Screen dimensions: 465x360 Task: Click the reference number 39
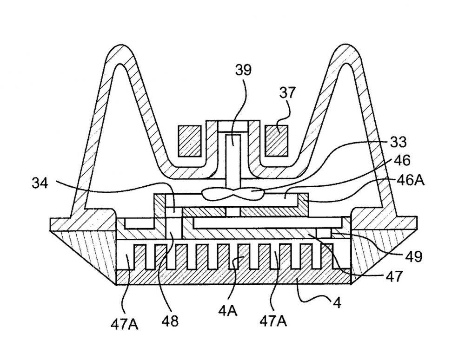(x=243, y=70)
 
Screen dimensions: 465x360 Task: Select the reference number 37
(x=287, y=92)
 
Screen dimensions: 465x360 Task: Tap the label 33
(x=398, y=142)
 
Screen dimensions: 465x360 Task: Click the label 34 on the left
(x=40, y=183)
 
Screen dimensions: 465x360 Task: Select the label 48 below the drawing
(x=170, y=321)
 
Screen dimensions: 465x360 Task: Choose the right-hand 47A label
(x=273, y=321)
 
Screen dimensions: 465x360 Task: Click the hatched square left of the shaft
(x=190, y=141)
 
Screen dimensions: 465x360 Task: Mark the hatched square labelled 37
(x=276, y=141)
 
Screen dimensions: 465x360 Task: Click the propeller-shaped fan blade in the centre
(x=232, y=194)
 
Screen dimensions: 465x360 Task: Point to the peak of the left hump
(x=120, y=46)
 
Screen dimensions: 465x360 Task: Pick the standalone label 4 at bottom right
(x=337, y=303)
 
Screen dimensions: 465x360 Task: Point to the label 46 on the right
(x=402, y=161)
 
